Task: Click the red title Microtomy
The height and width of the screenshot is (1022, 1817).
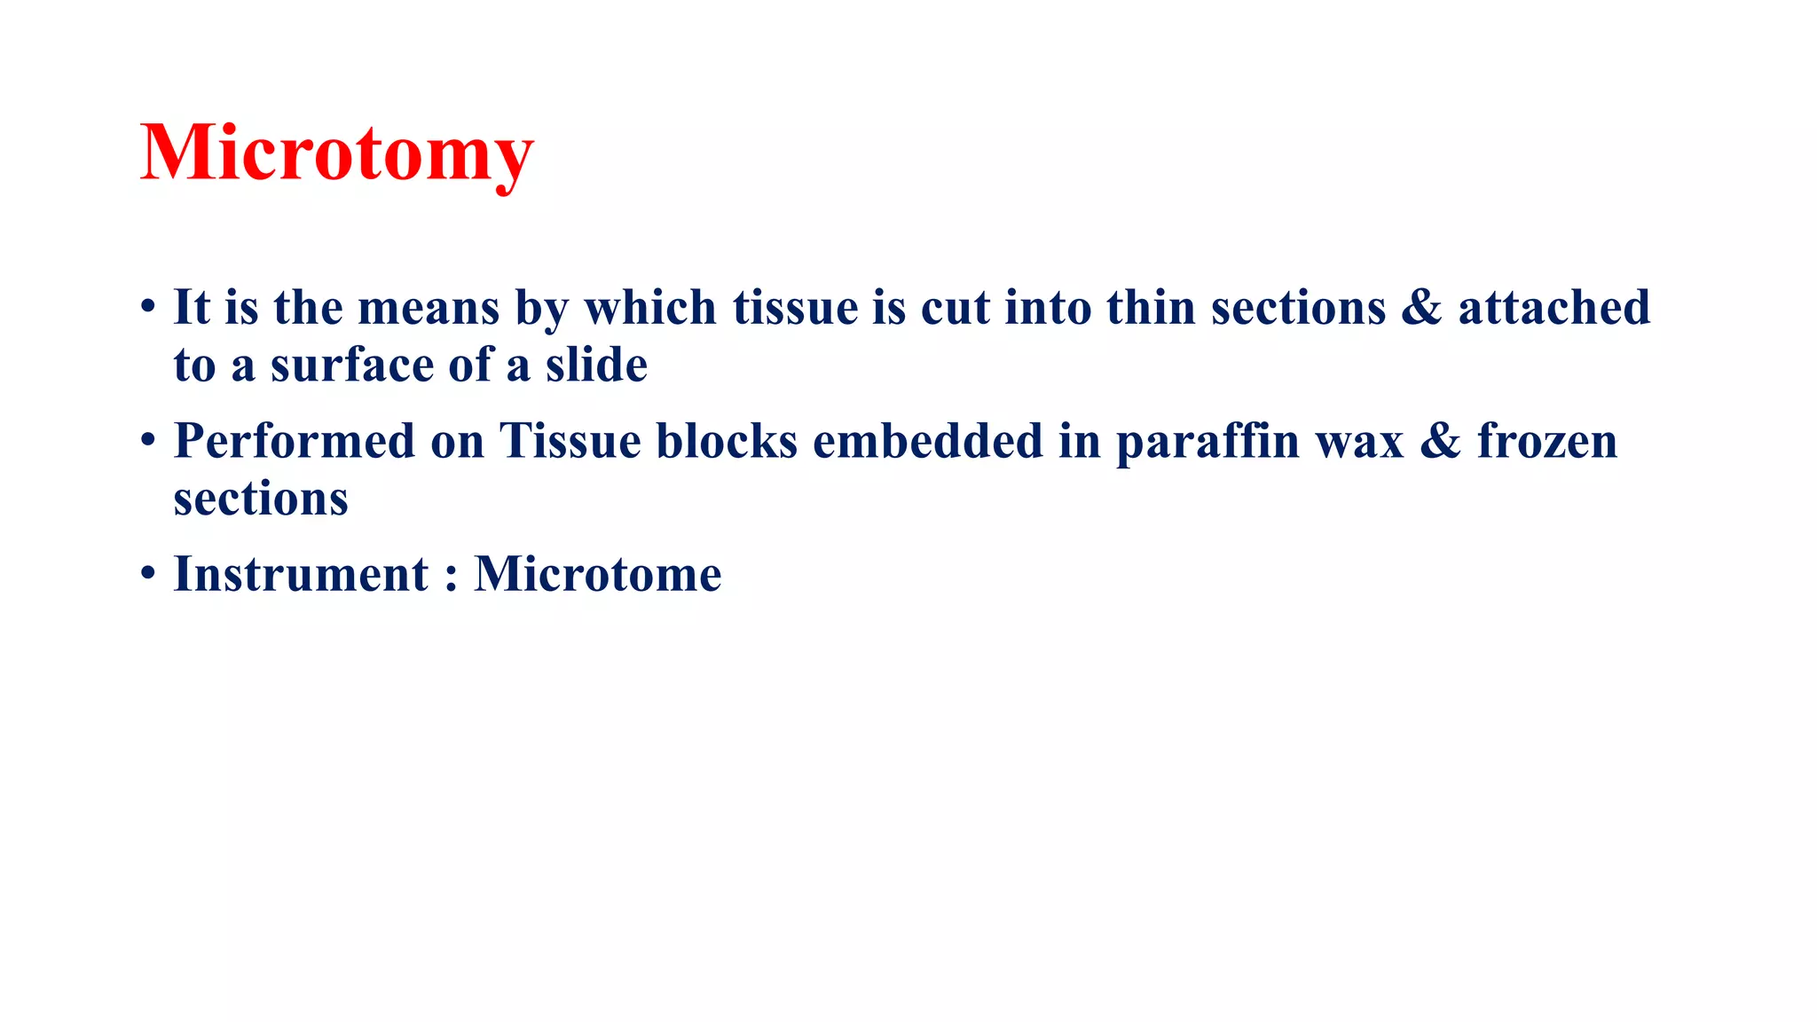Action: click(336, 153)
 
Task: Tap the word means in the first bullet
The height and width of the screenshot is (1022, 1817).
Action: click(429, 308)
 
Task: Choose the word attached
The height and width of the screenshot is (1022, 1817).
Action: click(1553, 308)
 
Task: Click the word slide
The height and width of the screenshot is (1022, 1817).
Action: click(596, 366)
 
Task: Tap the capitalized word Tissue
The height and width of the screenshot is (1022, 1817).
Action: click(570, 441)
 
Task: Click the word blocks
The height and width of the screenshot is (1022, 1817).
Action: click(727, 441)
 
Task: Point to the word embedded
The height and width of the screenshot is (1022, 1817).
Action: click(927, 441)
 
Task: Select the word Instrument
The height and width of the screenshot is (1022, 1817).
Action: click(301, 574)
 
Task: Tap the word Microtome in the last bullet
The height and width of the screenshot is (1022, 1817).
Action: click(598, 574)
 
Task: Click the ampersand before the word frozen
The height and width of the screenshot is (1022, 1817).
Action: click(1440, 441)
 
